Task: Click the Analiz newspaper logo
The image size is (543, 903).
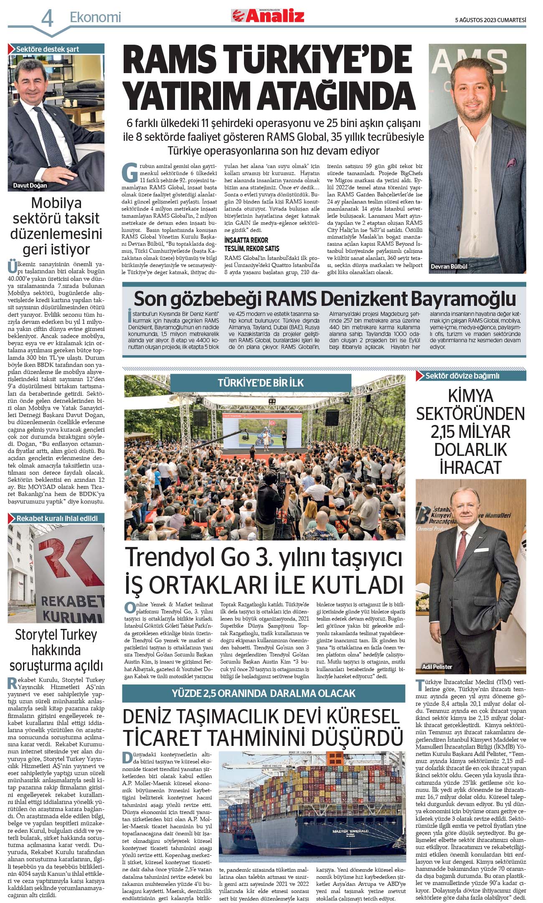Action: click(268, 16)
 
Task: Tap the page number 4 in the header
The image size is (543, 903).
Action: click(47, 19)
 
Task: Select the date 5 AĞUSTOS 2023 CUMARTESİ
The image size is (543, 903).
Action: click(490, 20)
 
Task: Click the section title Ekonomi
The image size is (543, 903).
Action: click(95, 17)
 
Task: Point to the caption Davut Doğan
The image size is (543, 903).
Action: click(30, 186)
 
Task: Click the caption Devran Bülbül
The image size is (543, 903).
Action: click(449, 266)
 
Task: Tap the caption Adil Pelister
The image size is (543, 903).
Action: click(437, 666)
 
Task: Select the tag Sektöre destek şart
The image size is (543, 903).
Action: click(47, 49)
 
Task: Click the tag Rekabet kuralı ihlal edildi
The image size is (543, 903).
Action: click(57, 518)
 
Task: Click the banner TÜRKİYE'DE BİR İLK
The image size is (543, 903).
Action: click(261, 383)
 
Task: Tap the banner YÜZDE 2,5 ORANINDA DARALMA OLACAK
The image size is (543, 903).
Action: click(264, 693)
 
